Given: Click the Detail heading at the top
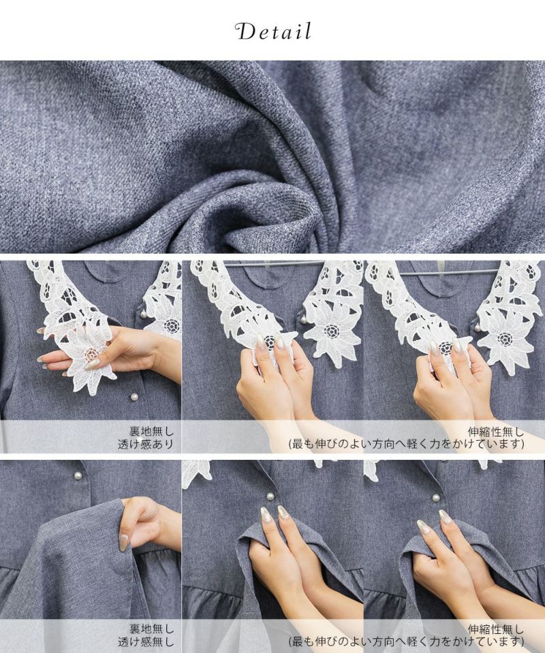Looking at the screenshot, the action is [273, 32].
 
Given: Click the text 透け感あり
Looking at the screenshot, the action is [146, 444].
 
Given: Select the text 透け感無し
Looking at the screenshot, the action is [146, 641].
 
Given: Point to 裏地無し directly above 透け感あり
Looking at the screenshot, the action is [151, 431].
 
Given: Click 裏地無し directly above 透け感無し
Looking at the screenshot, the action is [151, 629].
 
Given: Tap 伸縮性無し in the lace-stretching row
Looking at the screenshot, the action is [495, 431].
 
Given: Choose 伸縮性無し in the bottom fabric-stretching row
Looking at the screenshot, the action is [495, 629].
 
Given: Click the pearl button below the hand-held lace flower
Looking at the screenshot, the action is [135, 398].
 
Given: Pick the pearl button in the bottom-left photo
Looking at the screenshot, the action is [77, 475].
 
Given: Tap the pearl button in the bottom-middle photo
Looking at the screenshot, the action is [270, 496].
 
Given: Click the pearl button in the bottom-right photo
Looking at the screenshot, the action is [436, 498].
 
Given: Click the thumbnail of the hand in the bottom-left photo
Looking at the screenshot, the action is [124, 542].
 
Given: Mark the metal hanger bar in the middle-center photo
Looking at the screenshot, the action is [274, 264].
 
